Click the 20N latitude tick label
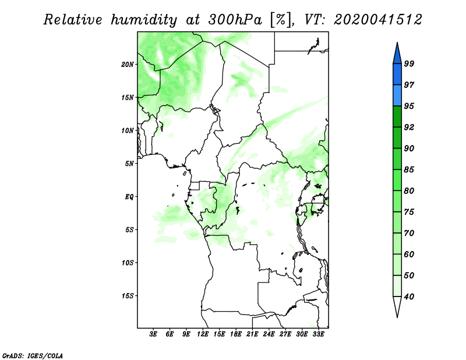(x=128, y=65)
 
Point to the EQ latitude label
(x=129, y=197)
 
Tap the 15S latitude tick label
(x=128, y=296)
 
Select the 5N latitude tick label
(x=129, y=164)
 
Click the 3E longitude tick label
(x=153, y=334)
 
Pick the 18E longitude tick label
(x=236, y=334)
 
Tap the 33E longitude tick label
(x=318, y=334)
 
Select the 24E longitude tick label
(x=269, y=334)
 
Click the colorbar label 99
(x=409, y=63)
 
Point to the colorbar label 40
(x=409, y=297)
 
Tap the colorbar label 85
(x=409, y=170)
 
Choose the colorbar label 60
(x=409, y=255)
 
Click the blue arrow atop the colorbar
(x=397, y=54)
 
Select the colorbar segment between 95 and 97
(x=397, y=96)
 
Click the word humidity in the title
(x=144, y=20)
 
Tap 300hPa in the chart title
(x=235, y=20)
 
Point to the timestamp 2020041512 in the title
(x=377, y=20)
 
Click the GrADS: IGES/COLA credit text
(x=33, y=356)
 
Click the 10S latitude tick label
(x=128, y=263)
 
